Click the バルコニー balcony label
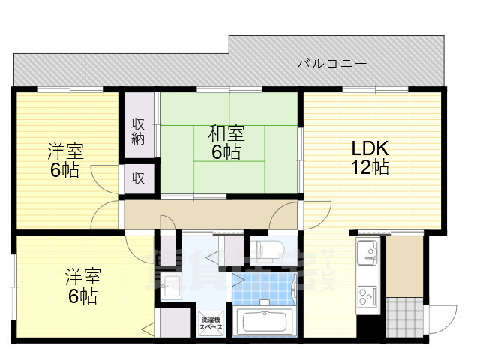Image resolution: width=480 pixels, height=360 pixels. pos(331,64)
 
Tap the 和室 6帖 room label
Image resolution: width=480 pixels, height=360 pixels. pos(225,143)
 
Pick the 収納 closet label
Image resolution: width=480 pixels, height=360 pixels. pos(139,131)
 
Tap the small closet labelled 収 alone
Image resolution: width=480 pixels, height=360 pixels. pos(139,178)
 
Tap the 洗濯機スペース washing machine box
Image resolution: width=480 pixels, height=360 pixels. pos(211,323)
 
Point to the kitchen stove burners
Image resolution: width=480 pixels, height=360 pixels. pos(367,297)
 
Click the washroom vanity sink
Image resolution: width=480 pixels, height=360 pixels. pos(171,286)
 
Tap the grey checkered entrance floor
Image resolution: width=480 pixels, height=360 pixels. pos(403,316)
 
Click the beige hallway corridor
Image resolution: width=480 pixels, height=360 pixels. pos(210,214)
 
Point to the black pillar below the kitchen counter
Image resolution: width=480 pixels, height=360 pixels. pos(368,325)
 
